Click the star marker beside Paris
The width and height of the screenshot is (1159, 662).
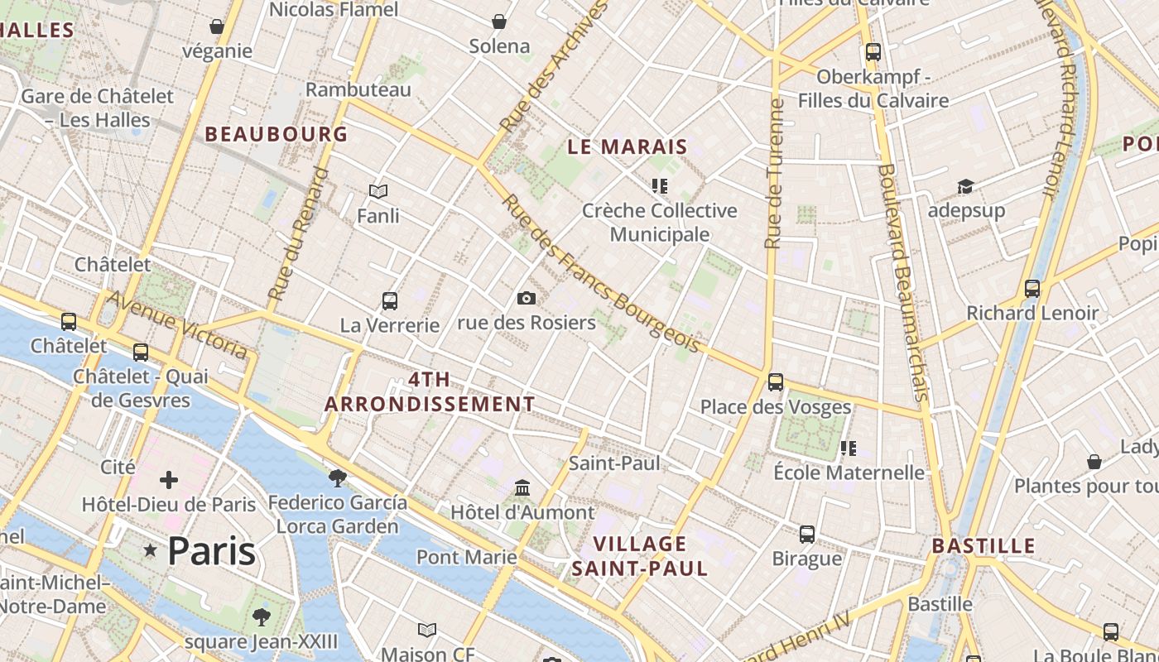tap(150, 550)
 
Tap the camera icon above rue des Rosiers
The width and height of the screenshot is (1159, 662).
tap(526, 298)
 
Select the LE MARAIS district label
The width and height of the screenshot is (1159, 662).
tap(628, 146)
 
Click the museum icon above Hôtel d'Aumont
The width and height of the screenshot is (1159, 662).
tap(522, 488)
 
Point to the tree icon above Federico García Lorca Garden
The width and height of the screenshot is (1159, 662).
tap(337, 477)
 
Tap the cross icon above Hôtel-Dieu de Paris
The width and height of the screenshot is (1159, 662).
tap(169, 480)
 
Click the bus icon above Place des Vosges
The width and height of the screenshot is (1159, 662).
tap(776, 382)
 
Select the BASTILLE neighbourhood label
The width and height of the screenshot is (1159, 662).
tap(983, 545)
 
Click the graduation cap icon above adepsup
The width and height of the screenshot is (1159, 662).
tap(965, 186)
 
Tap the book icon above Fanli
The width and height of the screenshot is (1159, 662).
tap(378, 192)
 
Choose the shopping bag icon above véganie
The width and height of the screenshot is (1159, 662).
tap(217, 27)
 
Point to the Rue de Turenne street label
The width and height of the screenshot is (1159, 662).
tap(774, 174)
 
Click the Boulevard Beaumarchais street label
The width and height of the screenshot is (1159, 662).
tap(903, 281)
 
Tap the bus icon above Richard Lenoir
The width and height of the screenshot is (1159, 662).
tap(1032, 289)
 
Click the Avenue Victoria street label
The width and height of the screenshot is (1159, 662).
tap(177, 324)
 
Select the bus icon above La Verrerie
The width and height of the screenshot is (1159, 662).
tap(390, 301)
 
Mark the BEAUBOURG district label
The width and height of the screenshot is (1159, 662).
tap(276, 133)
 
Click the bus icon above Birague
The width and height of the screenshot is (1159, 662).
tap(807, 535)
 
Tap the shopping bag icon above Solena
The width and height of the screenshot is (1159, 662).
tap(499, 22)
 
